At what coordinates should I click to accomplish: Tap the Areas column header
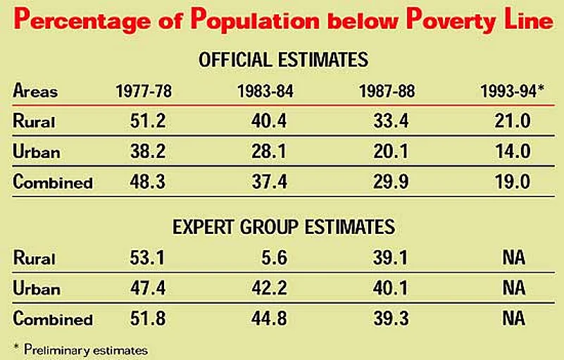(x=35, y=92)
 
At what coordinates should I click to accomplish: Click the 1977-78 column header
(x=144, y=92)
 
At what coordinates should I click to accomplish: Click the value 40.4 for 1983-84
(x=269, y=121)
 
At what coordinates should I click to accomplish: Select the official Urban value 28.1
(x=269, y=151)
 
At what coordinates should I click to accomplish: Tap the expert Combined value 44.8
(x=269, y=319)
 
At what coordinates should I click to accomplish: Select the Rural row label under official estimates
(x=35, y=121)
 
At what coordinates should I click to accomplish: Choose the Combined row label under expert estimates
(x=53, y=319)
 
